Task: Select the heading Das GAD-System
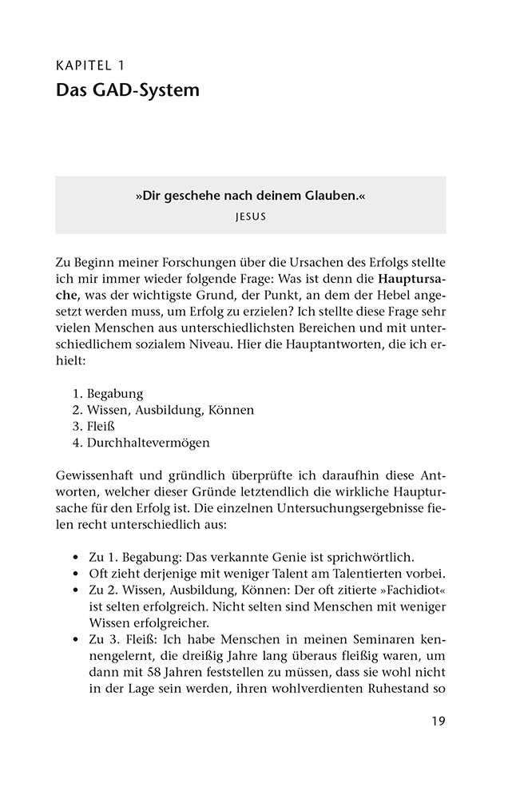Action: tap(127, 91)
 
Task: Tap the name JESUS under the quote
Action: tap(250, 216)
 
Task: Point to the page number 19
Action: tap(438, 721)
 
